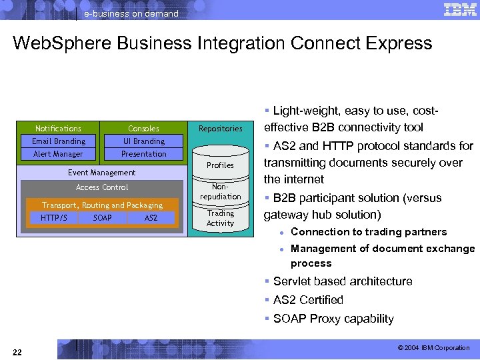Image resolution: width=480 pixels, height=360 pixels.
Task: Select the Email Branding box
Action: tap(59, 141)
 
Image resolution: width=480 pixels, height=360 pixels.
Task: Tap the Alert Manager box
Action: tap(59, 154)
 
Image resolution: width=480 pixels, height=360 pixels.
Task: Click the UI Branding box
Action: tap(143, 141)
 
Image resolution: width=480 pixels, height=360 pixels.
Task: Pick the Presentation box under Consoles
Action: tap(143, 154)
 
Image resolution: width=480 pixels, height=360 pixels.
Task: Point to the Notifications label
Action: tap(58, 129)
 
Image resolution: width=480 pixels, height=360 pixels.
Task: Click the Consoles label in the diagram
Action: tap(143, 129)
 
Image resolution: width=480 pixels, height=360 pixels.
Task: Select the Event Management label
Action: tap(101, 173)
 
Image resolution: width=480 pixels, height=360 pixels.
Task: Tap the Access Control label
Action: tap(102, 187)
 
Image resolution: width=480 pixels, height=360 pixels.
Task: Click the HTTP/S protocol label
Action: tap(53, 218)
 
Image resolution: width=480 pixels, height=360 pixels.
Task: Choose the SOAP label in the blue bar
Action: tap(103, 218)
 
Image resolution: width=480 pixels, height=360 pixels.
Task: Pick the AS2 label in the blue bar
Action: tap(151, 218)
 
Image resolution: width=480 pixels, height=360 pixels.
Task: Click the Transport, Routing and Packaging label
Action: tap(102, 205)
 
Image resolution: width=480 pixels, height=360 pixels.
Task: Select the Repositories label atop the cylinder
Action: tap(220, 129)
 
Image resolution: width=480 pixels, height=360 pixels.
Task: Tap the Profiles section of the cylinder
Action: tap(220, 165)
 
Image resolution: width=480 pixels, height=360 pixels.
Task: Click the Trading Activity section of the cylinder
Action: tap(220, 218)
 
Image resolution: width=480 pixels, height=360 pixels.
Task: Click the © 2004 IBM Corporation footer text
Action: tap(433, 348)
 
